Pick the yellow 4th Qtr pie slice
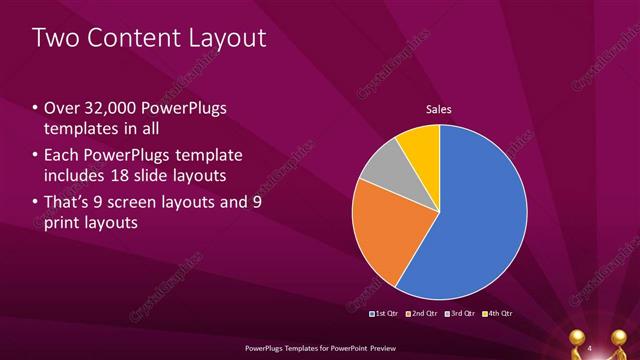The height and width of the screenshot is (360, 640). point(419,145)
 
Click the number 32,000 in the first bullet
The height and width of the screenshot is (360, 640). point(109,107)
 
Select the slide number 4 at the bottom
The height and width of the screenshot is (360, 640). point(590,347)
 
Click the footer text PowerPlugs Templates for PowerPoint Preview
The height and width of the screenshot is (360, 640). point(319,347)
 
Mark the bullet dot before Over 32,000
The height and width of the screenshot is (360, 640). point(36,108)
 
